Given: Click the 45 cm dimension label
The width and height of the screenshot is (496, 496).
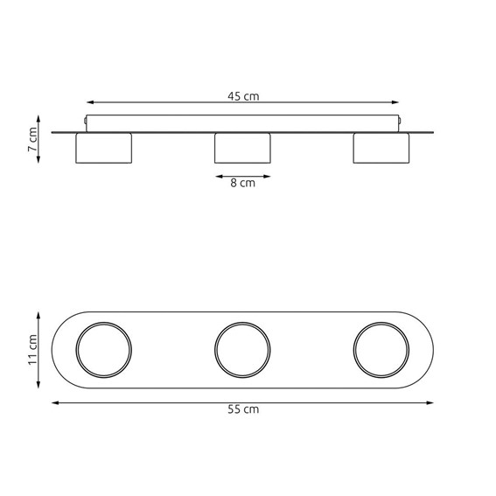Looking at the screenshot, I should point(243,96).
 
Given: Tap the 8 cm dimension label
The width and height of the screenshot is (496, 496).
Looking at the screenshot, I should point(242,183).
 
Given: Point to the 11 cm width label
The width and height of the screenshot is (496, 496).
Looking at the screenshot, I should point(32,349).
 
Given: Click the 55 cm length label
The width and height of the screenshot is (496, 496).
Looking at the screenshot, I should point(243,409).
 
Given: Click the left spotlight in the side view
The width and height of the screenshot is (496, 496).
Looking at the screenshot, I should point(104,148).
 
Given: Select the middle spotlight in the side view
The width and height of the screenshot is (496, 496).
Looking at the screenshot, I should point(242,148).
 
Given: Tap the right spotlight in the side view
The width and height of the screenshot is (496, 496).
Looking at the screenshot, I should point(381,148).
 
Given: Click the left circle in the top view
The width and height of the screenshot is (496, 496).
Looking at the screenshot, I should point(104,349).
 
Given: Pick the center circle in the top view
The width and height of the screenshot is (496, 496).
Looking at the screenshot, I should point(242,349).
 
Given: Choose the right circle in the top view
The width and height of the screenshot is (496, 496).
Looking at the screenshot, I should point(381,349).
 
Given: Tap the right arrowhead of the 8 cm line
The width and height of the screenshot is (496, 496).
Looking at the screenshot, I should point(268,176).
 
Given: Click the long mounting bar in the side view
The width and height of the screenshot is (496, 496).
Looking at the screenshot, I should point(242,123).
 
